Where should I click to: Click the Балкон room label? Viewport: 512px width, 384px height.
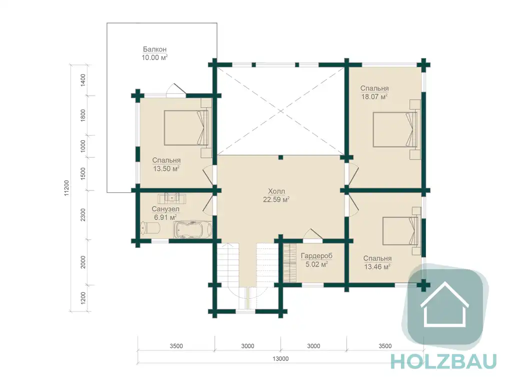tap(155, 50)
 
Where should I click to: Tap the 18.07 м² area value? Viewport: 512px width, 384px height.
tap(374, 97)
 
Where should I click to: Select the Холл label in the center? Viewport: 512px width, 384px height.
tap(276, 191)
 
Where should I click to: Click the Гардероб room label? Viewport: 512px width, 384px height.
tap(316, 256)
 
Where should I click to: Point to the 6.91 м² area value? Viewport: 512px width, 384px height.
tap(165, 217)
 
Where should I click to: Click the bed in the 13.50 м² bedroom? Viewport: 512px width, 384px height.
tap(186, 128)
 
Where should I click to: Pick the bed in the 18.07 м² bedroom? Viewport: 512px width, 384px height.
tap(395, 130)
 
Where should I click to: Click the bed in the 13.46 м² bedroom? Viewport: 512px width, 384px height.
tap(400, 231)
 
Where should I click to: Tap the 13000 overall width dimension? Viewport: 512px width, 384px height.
tap(280, 358)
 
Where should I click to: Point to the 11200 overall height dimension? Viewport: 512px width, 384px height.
tap(66, 188)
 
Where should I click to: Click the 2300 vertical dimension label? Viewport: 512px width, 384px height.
tap(83, 215)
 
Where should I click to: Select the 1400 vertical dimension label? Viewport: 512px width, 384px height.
tap(83, 80)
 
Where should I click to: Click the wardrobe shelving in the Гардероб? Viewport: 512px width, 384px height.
tap(289, 262)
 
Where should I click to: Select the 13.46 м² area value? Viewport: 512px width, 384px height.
tap(377, 267)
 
